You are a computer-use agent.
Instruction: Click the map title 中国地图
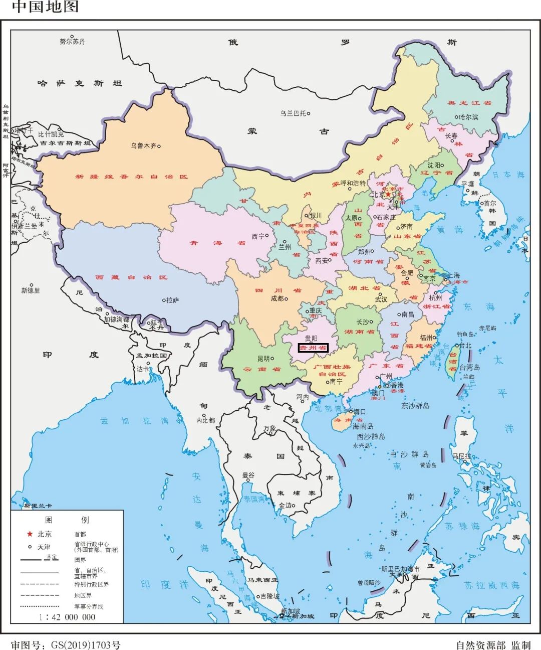tap(45, 7)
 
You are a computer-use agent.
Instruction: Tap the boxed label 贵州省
tap(313, 348)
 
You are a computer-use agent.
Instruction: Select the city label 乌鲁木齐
tap(143, 146)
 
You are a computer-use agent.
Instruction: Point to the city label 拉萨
tap(172, 300)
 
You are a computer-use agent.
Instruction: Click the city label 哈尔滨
tap(468, 117)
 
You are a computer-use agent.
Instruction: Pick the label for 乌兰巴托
tap(293, 113)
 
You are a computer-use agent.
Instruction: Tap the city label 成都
tap(277, 298)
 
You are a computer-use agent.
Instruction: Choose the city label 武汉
tap(381, 299)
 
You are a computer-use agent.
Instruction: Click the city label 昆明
tap(263, 359)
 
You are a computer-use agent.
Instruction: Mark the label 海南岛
tap(363, 426)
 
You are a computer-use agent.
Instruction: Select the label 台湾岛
tap(470, 367)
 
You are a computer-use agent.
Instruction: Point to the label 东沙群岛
tap(415, 405)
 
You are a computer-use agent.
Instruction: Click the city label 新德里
tap(31, 290)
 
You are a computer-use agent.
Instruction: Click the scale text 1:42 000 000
tap(67, 617)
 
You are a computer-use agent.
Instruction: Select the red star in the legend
tap(30, 534)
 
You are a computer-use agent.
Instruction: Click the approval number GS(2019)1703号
tap(66, 645)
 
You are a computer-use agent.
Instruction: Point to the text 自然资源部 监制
tap(493, 645)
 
